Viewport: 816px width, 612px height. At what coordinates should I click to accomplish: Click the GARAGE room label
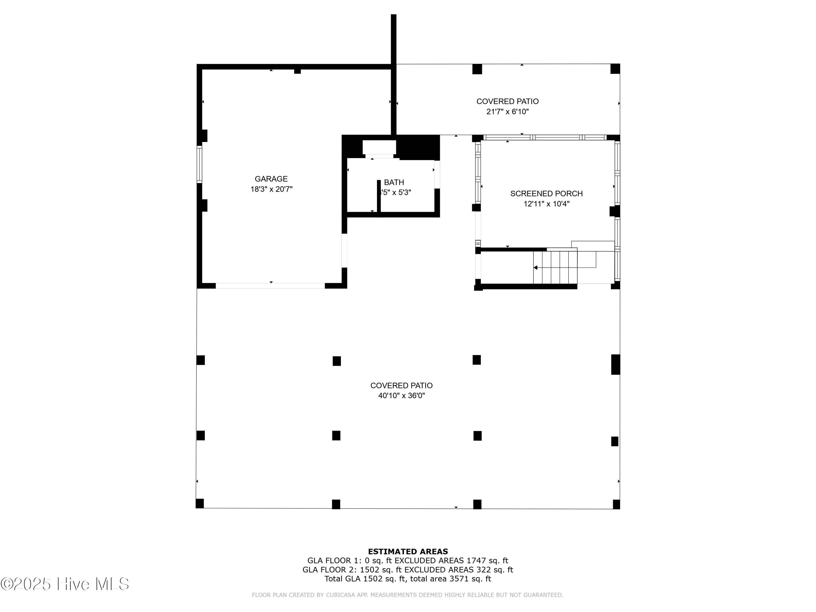coord(271,179)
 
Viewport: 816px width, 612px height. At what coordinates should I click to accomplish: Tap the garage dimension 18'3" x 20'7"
coord(271,189)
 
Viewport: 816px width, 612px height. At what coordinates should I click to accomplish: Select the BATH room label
coord(394,182)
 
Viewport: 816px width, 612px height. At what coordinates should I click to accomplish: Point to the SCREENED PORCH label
coord(546,194)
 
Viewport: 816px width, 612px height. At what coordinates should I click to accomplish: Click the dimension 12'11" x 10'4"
coord(546,204)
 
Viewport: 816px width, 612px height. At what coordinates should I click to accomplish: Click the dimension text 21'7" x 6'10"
coord(507,112)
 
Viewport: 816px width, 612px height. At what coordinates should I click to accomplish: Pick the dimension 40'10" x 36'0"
coord(401,396)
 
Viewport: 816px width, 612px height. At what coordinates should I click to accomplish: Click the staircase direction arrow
coord(536,267)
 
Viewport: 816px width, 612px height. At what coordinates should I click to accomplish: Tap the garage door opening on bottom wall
coord(270,286)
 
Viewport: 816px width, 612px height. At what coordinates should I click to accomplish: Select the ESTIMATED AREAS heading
coord(408,552)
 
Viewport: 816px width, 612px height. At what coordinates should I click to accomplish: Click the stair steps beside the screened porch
coord(555,267)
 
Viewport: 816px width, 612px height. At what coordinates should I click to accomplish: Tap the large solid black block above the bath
coord(418,147)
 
